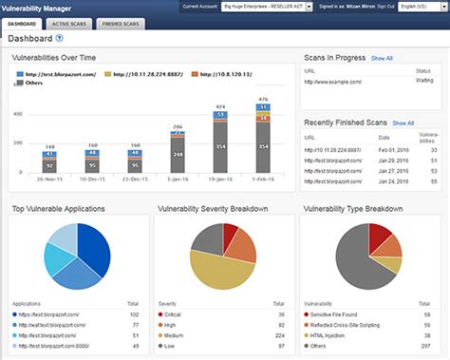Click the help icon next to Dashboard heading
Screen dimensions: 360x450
(x=60, y=39)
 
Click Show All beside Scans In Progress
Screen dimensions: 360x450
(x=382, y=58)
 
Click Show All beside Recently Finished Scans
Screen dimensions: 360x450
(x=403, y=123)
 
